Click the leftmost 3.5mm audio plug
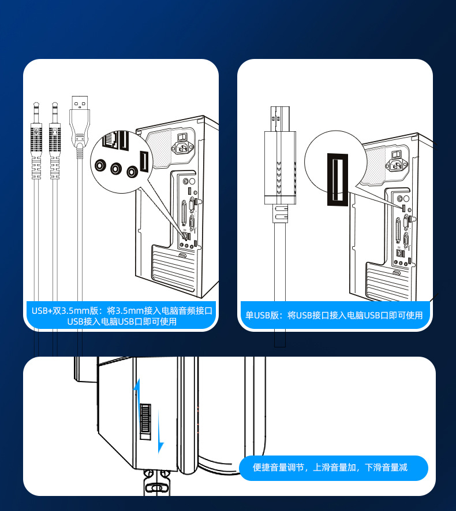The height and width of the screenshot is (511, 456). coord(36,139)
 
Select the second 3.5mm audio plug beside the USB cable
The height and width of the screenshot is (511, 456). coord(55,139)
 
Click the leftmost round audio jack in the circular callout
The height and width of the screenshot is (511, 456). coord(100,166)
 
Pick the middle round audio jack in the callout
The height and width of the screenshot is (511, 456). coord(117,169)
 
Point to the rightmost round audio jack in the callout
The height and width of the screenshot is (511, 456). coord(133,172)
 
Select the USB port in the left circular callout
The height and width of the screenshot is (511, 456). coord(145,160)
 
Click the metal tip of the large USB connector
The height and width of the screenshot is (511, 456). coord(279,119)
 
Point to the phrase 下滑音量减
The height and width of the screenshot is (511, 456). coord(386,467)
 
